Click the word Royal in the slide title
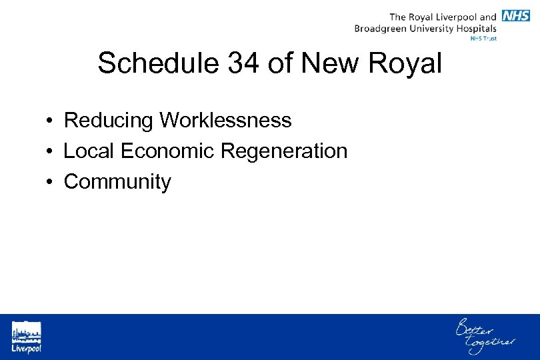pyautogui.click(x=405, y=64)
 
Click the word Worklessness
pyautogui.click(x=225, y=121)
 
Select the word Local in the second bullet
pyautogui.click(x=89, y=151)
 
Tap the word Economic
pyautogui.click(x=167, y=151)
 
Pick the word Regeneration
pyautogui.click(x=283, y=152)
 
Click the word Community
pyautogui.click(x=117, y=182)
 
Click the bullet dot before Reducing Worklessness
pyautogui.click(x=50, y=121)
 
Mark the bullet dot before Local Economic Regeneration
pyautogui.click(x=50, y=152)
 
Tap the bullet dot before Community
pyautogui.click(x=50, y=183)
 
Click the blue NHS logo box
pyautogui.click(x=516, y=16)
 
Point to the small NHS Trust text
pyautogui.click(x=483, y=39)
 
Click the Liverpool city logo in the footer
pyautogui.click(x=26, y=337)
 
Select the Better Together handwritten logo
pyautogui.click(x=484, y=335)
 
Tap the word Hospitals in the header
pyautogui.click(x=475, y=29)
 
